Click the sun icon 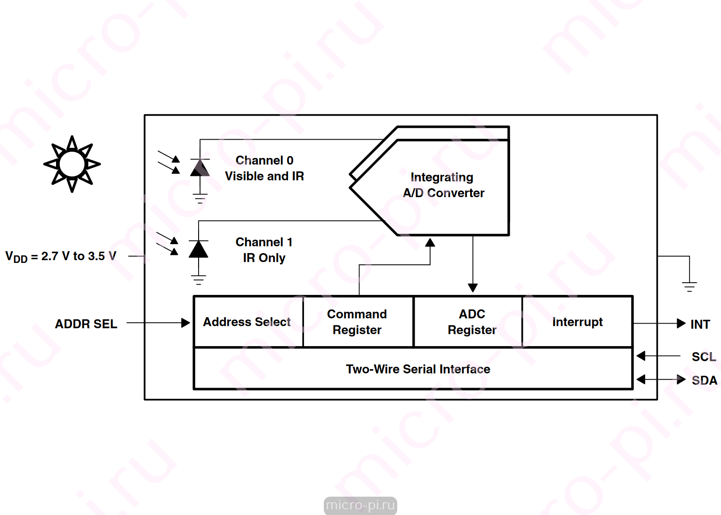(72, 164)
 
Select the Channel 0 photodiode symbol (200, 167)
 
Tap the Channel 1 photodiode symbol (198, 249)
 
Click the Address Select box (248, 322)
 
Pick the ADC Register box (468, 322)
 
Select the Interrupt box (577, 322)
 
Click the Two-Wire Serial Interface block (413, 369)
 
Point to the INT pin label (700, 324)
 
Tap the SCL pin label (704, 357)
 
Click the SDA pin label (705, 380)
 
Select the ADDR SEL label (86, 324)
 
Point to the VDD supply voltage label (61, 256)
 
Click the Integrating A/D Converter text (443, 185)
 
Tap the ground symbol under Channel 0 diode (200, 198)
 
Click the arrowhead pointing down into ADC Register (473, 288)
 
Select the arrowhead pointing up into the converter (430, 243)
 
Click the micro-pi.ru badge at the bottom (360, 505)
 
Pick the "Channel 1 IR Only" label (264, 250)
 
